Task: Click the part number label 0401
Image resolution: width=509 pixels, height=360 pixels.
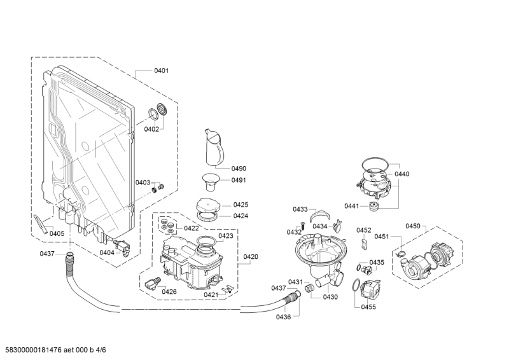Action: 162,71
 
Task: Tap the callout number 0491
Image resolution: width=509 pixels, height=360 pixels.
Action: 239,180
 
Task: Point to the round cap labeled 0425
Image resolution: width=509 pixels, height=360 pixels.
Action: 207,205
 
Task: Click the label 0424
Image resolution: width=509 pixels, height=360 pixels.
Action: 241,216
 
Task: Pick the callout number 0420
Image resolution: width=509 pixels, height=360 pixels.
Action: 251,257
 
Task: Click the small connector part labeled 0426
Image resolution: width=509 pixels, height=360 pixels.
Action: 153,284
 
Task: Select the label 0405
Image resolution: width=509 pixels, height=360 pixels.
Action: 57,233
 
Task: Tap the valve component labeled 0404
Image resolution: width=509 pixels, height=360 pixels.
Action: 122,246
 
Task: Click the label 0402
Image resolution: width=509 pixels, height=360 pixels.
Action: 151,129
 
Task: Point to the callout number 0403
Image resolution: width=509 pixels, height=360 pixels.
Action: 143,183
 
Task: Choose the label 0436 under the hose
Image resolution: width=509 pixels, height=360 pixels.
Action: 283,317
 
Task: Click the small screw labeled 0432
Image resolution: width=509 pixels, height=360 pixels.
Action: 303,225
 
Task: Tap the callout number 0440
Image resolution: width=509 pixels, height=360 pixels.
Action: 402,174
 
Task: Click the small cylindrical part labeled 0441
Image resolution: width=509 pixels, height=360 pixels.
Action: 374,206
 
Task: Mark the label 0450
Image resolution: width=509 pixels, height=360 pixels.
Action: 412,226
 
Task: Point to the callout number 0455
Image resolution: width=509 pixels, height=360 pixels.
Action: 368,307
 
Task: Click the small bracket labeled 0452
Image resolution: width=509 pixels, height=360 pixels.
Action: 364,243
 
